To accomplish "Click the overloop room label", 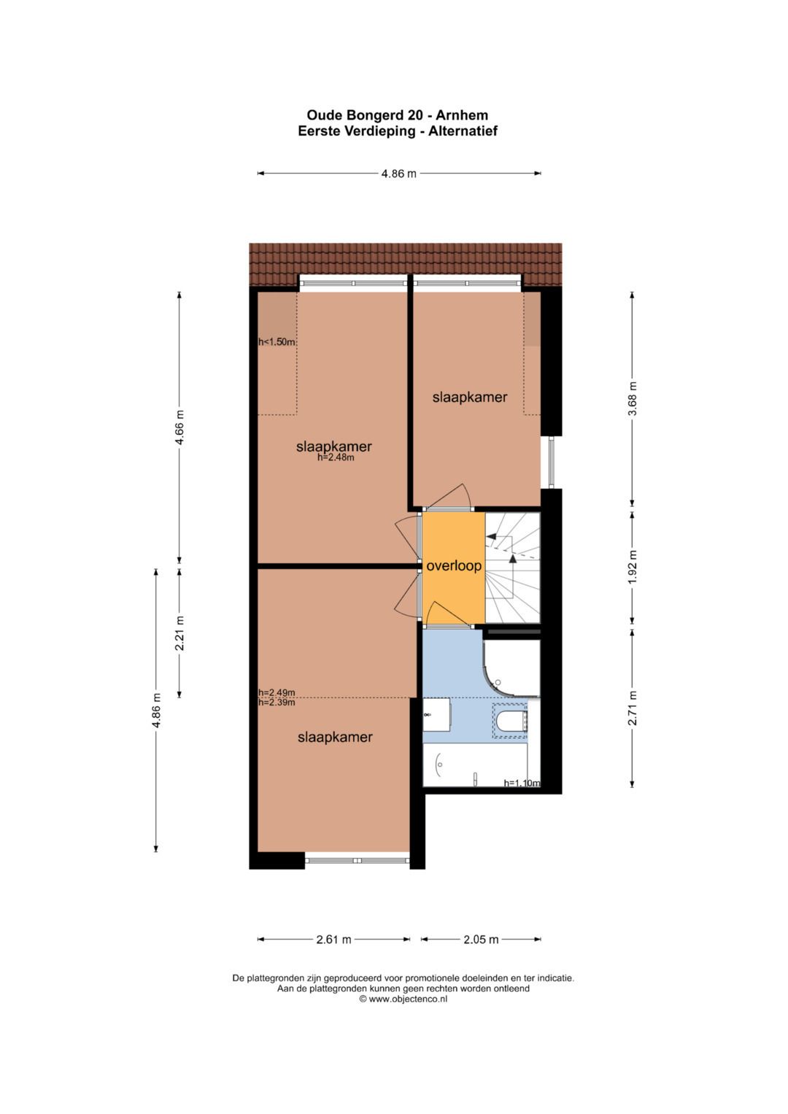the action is tap(454, 566).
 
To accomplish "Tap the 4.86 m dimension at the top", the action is tap(398, 174).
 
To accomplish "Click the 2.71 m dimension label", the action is tap(632, 708).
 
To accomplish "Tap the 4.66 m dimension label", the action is tap(179, 428).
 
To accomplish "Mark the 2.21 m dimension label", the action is tap(179, 633).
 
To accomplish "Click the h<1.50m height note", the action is tap(277, 342).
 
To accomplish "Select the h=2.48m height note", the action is tap(336, 457).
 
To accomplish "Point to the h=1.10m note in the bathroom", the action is tap(522, 784).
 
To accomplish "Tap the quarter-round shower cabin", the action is tap(512, 668).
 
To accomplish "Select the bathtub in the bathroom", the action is tap(475, 765).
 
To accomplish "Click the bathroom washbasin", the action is tap(437, 715).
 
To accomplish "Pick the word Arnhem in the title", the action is tap(462, 115).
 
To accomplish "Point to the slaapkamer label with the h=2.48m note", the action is tap(334, 446).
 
